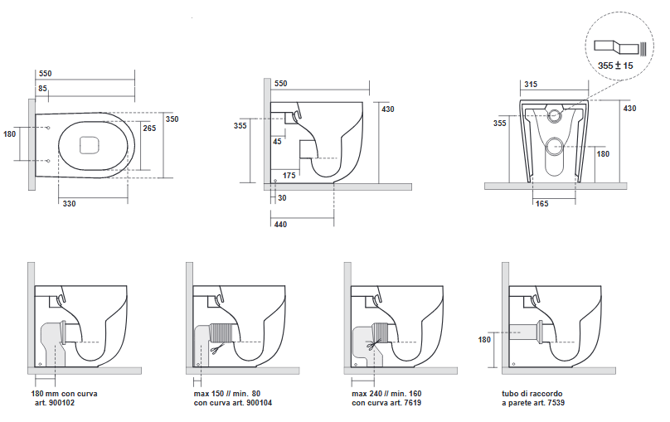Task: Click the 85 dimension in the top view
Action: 43,89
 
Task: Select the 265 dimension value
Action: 149,129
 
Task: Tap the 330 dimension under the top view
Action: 69,204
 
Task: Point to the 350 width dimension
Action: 172,119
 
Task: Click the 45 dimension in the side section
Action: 277,142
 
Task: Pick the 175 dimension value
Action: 289,176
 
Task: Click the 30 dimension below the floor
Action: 282,198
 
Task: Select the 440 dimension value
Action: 280,224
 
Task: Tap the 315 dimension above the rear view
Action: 531,84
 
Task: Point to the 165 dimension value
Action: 541,204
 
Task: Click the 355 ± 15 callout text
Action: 615,65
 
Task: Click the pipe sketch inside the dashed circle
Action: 620,47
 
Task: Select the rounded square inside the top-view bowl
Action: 90,145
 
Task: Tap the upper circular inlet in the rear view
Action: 555,115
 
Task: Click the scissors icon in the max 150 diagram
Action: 217,348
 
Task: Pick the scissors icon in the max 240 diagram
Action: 373,344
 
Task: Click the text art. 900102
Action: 55,403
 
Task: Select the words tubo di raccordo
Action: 532,394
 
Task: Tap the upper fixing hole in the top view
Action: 48,128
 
